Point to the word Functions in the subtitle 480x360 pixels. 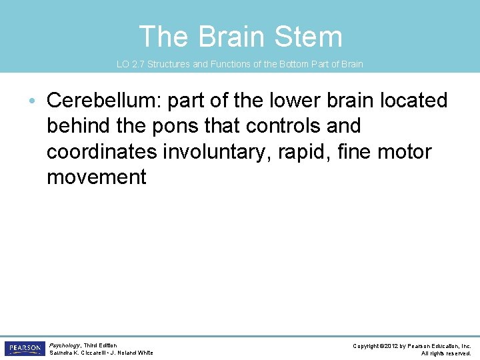click(x=231, y=65)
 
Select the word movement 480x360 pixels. click(x=96, y=177)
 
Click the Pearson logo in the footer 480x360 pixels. click(x=24, y=349)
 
